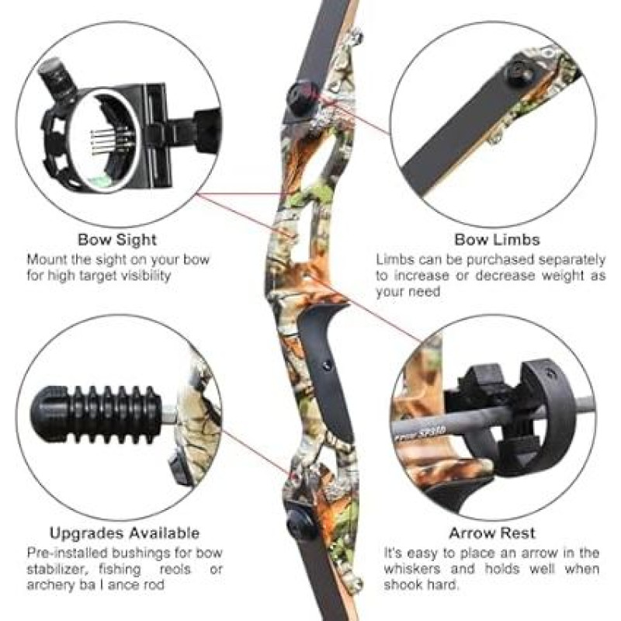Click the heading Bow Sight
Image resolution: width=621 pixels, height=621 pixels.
(117, 240)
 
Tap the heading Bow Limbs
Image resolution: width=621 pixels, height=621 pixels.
(497, 240)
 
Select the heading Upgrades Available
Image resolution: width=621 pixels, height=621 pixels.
(124, 533)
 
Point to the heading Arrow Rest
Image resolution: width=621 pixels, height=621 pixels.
(492, 533)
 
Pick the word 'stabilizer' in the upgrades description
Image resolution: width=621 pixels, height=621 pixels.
(55, 569)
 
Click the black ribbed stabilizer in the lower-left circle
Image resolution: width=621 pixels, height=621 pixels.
(96, 415)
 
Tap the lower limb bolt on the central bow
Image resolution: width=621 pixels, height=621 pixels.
(300, 523)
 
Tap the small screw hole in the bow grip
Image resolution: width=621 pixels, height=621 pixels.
(327, 365)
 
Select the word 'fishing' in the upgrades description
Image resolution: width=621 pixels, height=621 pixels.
(120, 569)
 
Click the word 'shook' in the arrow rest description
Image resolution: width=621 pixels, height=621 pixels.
(400, 585)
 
